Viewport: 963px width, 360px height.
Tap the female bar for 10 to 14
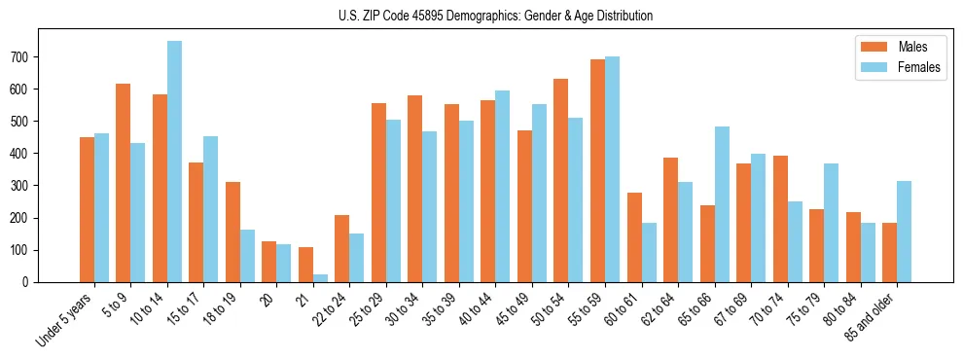click(x=174, y=162)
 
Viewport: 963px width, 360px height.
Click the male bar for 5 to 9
click(x=124, y=183)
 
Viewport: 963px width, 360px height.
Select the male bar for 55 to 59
click(x=597, y=171)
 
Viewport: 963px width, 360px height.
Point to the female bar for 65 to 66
click(x=722, y=204)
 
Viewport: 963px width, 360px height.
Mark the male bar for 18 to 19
click(x=232, y=232)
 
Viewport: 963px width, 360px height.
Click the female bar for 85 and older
click(x=904, y=232)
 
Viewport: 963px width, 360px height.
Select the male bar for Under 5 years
click(x=87, y=209)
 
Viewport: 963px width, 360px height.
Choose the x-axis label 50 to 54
click(x=549, y=310)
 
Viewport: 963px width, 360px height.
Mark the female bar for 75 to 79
click(x=831, y=223)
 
